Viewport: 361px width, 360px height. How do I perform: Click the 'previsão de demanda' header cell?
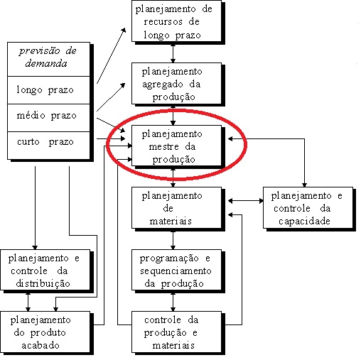pyautogui.click(x=49, y=59)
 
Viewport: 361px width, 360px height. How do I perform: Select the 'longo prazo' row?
pyautogui.click(x=49, y=90)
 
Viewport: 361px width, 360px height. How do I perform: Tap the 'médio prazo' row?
pyautogui.click(x=49, y=118)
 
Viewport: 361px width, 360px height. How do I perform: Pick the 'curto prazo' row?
pyautogui.click(x=49, y=146)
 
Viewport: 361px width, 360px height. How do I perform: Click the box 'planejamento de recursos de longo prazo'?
pyautogui.click(x=176, y=21)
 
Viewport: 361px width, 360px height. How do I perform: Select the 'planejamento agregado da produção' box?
pyautogui.click(x=176, y=83)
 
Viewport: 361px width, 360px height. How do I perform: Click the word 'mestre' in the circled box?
pyautogui.click(x=163, y=147)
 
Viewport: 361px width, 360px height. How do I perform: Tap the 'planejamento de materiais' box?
pyautogui.click(x=176, y=208)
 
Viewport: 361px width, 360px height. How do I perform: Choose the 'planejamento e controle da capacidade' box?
pyautogui.click(x=308, y=208)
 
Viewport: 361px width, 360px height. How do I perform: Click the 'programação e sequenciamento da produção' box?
pyautogui.click(x=176, y=270)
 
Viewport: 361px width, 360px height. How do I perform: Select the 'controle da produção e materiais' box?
pyautogui.click(x=176, y=332)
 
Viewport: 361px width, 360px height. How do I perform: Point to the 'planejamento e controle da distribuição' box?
pyautogui.click(x=45, y=270)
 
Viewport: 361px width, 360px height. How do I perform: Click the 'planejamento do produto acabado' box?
pyautogui.click(x=45, y=332)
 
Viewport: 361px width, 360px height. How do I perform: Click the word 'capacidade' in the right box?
pyautogui.click(x=304, y=222)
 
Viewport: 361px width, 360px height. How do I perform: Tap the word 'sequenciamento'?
pyautogui.click(x=176, y=271)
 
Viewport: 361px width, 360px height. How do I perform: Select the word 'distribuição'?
pyautogui.click(x=43, y=284)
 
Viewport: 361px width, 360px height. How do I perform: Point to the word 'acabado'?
pyautogui.click(x=41, y=345)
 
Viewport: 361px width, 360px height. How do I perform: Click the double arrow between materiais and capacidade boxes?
pyautogui.click(x=246, y=201)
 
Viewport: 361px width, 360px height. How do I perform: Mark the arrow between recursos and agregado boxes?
pyautogui.click(x=173, y=53)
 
